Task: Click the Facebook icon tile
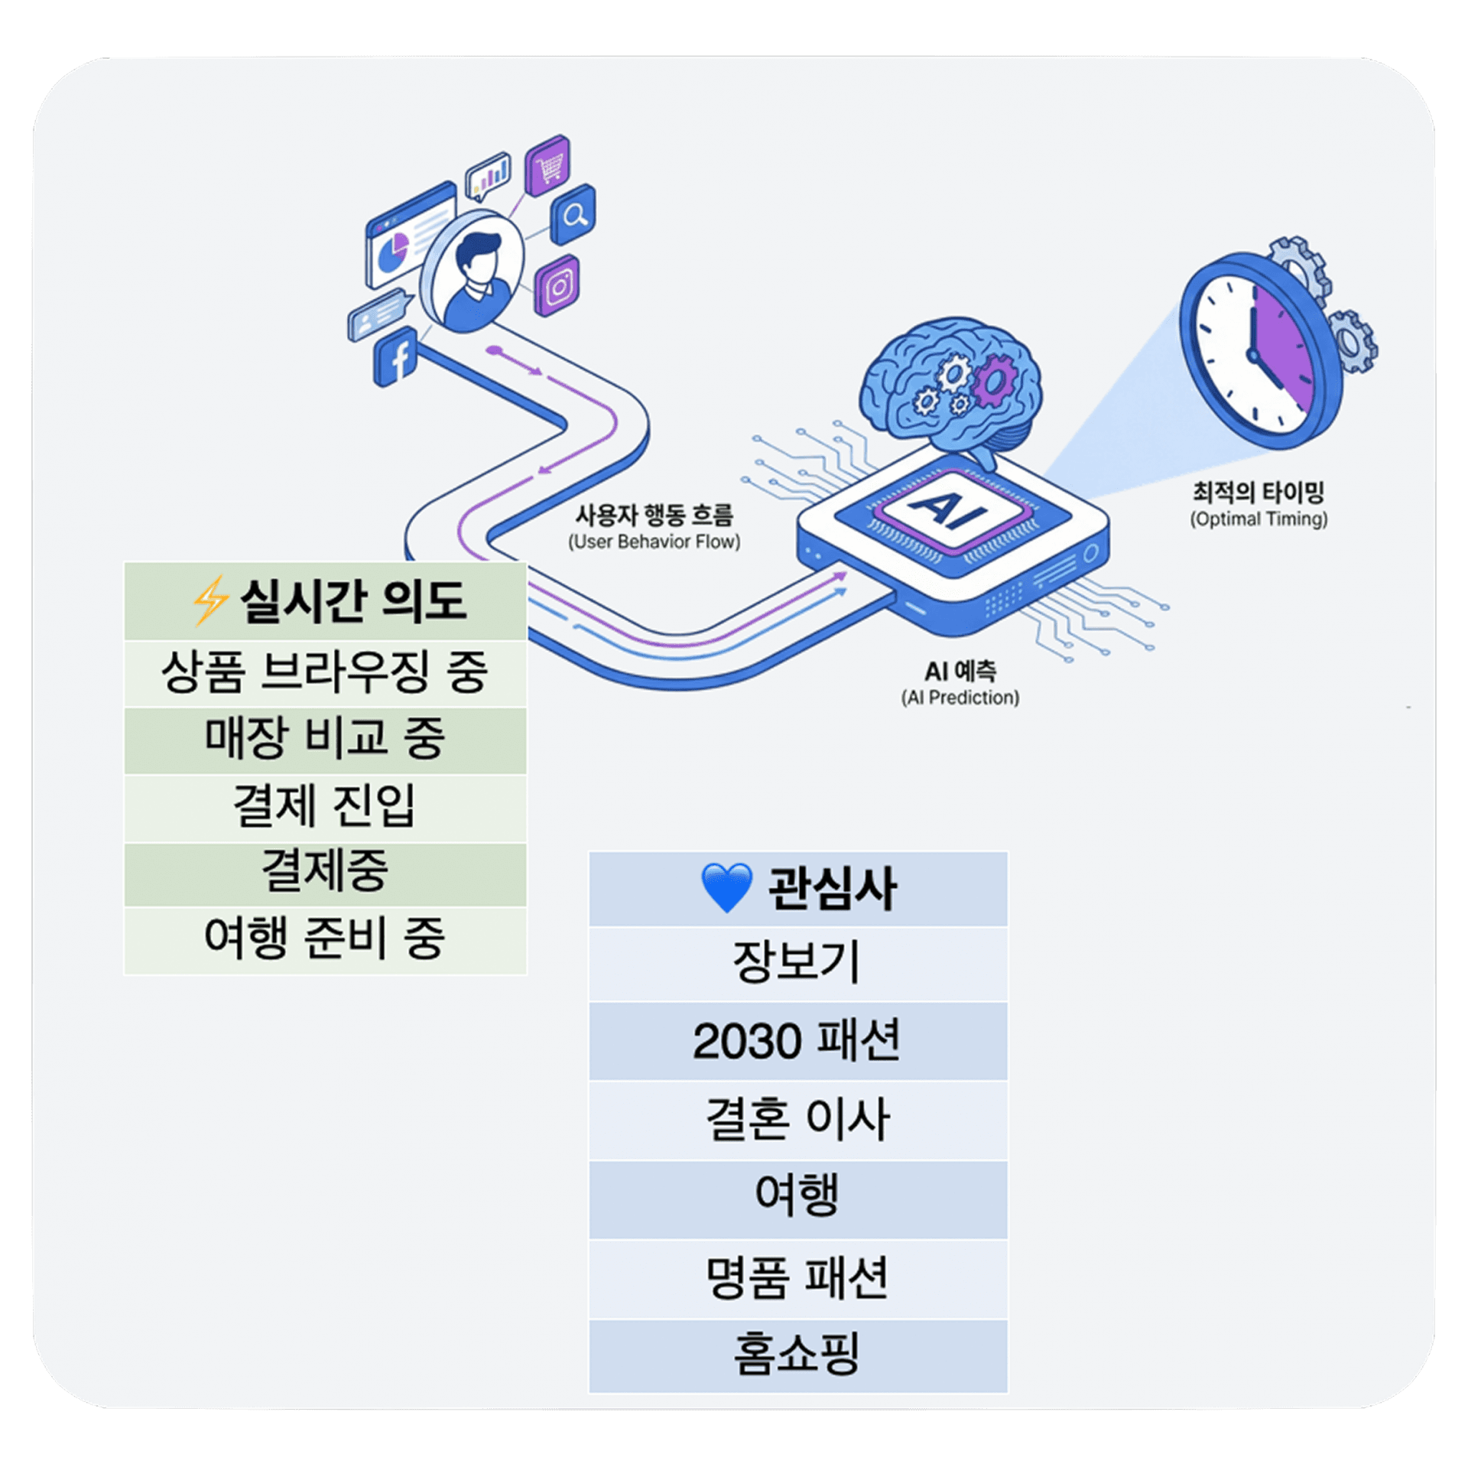(395, 356)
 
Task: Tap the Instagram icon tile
(557, 285)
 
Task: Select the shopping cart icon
(548, 165)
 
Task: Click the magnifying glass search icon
(573, 215)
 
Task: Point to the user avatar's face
(479, 265)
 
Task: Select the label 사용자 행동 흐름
(654, 515)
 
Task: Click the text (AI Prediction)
(960, 698)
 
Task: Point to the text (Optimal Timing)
(1258, 519)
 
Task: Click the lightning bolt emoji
(209, 600)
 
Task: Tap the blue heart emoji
(726, 888)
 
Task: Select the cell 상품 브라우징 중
(325, 673)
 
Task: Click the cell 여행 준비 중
(325, 939)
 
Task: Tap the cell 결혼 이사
(797, 1120)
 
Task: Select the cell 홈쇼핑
(797, 1355)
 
